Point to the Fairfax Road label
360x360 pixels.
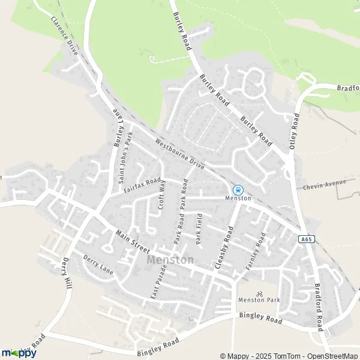click(x=142, y=184)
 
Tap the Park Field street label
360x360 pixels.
click(x=199, y=230)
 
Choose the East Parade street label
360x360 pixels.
click(x=157, y=283)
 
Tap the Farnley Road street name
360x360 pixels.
click(x=255, y=250)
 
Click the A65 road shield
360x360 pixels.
click(x=306, y=238)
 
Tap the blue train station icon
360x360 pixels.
click(x=238, y=190)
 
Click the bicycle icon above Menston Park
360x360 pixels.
click(x=259, y=294)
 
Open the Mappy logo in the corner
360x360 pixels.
click(x=19, y=353)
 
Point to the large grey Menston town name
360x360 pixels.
click(x=170, y=260)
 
